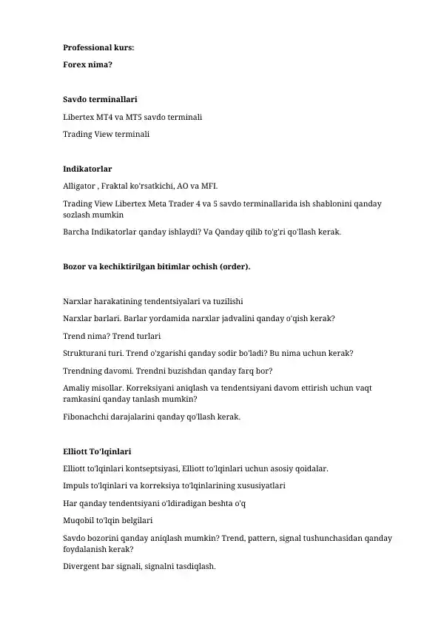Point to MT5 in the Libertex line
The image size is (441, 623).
point(136,117)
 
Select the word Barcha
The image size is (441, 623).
point(76,232)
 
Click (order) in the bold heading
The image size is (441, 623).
point(235,266)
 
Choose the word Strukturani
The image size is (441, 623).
point(86,354)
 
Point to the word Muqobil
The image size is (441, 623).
point(79,521)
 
